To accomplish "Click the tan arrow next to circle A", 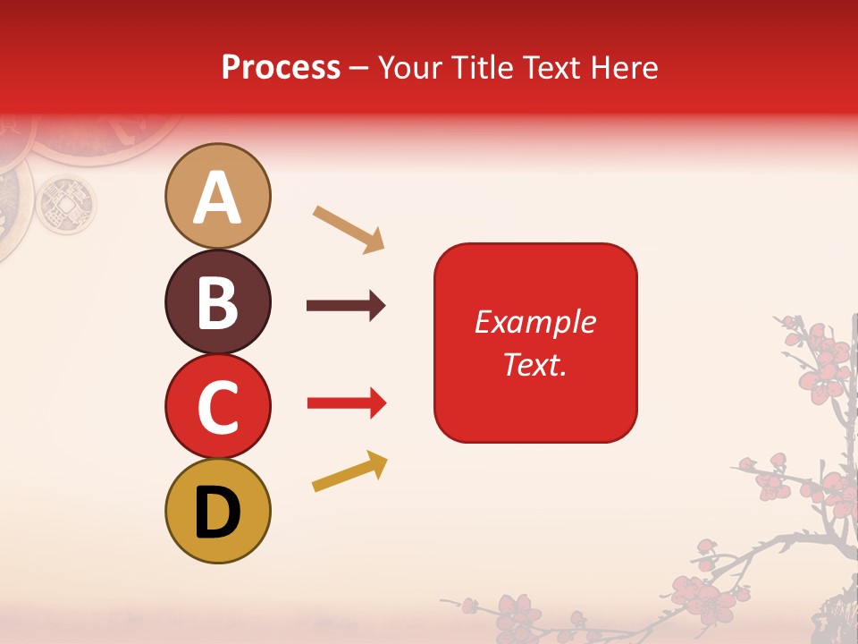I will coord(349,228).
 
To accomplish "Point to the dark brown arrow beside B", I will coord(346,306).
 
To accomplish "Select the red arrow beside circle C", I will coord(346,403).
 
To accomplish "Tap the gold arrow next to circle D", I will coord(349,470).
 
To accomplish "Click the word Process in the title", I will coord(281,67).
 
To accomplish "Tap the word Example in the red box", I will coord(534,322).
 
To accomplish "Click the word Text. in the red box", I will coord(534,364).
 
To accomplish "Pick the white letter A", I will coord(217,199).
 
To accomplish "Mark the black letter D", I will coord(217,513).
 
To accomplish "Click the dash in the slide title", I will coord(358,68).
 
